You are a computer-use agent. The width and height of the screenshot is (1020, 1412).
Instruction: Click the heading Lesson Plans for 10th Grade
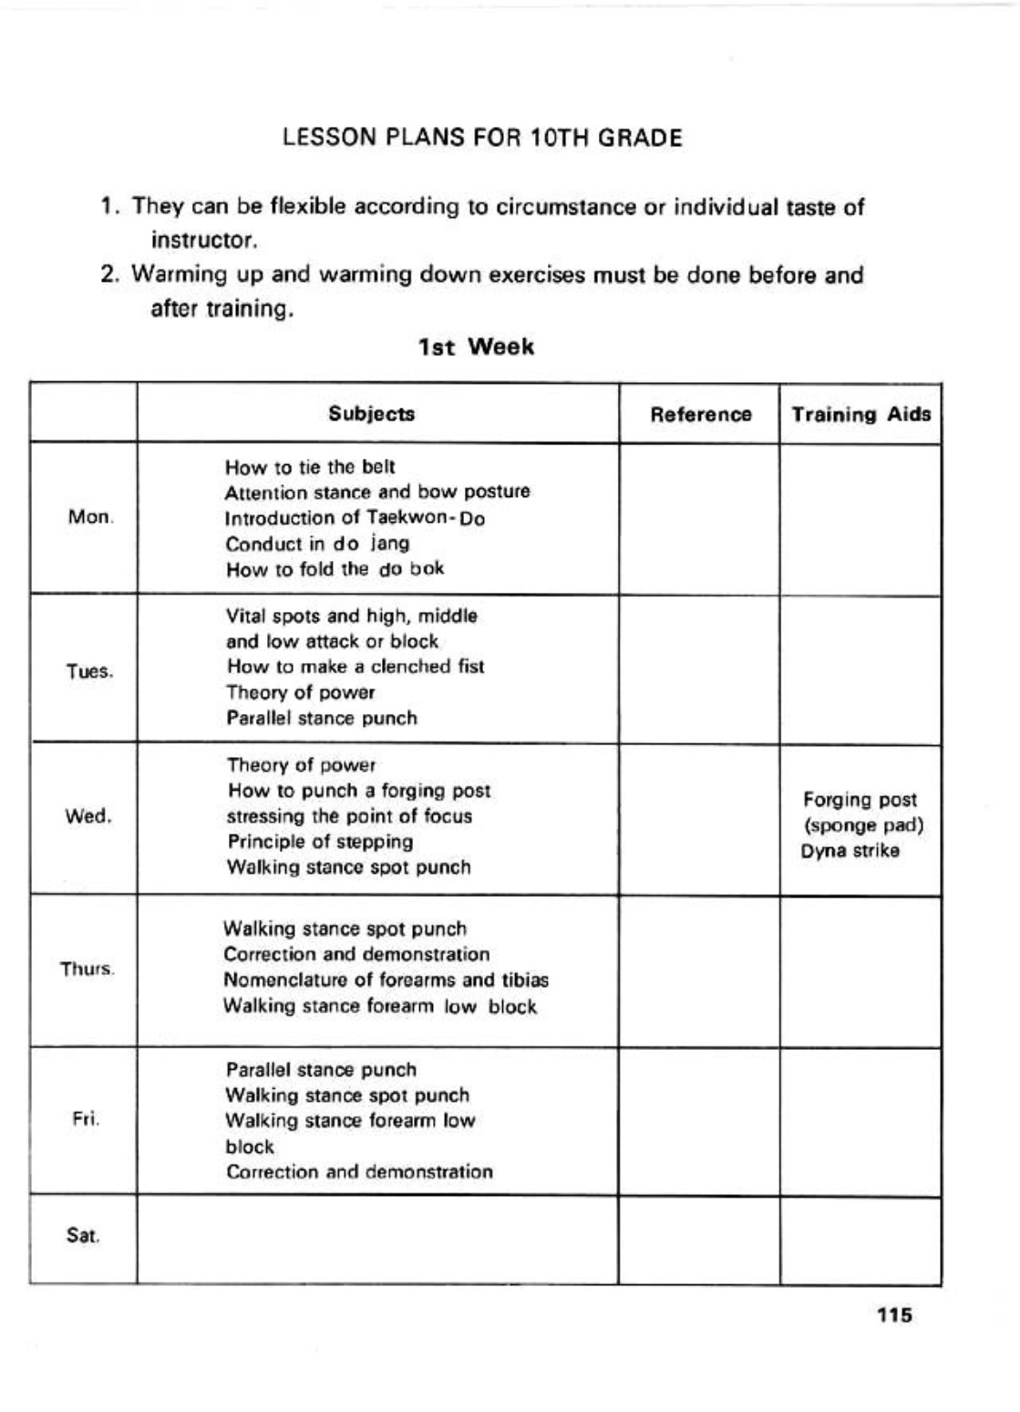(482, 139)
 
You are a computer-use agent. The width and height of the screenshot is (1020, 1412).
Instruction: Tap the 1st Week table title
(476, 348)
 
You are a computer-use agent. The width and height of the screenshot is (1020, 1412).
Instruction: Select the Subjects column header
(371, 414)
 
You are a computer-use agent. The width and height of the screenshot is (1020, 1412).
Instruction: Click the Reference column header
(700, 415)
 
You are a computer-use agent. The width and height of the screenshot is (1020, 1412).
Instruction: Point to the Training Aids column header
(860, 415)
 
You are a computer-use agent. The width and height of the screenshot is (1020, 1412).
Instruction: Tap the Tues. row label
(89, 672)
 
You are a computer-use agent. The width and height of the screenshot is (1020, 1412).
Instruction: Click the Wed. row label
(88, 816)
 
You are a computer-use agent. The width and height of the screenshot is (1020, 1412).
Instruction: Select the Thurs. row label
(88, 969)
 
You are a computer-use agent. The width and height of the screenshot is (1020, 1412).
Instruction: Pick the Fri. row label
(86, 1119)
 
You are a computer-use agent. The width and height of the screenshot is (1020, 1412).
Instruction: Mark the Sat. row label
(83, 1237)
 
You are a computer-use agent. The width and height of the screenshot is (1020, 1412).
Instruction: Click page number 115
(894, 1315)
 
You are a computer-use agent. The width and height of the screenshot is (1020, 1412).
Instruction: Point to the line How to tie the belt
(310, 468)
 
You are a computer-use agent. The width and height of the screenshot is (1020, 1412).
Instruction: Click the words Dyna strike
(850, 851)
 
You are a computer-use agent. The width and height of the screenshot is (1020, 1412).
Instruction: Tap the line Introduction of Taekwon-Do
(355, 518)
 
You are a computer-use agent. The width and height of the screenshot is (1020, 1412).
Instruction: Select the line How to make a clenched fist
(355, 667)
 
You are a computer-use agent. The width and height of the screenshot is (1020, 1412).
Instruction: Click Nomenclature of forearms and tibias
(386, 981)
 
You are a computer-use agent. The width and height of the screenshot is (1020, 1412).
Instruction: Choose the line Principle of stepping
(320, 842)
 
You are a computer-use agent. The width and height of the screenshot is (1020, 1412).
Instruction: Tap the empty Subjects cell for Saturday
(377, 1239)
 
